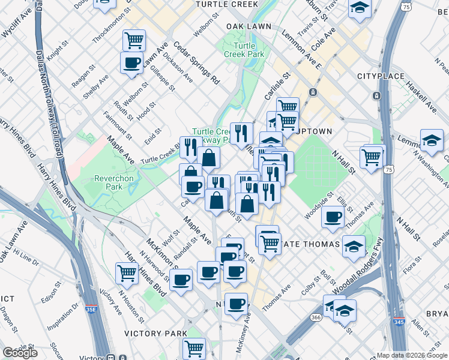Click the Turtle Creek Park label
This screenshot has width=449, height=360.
(244, 50)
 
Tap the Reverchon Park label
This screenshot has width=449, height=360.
(109, 182)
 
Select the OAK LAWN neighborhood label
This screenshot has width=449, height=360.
(249, 27)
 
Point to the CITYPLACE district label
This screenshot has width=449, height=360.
(378, 76)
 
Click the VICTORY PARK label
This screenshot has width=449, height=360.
(155, 333)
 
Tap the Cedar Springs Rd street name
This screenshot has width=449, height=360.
(196, 61)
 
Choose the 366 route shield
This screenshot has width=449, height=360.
(316, 317)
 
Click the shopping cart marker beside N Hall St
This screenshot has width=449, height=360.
(372, 157)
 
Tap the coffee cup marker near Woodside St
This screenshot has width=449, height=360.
(333, 217)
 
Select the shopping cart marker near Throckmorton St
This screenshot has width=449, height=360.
(134, 40)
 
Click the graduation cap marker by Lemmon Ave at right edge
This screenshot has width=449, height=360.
(432, 140)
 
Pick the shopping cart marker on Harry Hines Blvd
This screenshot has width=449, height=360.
(127, 273)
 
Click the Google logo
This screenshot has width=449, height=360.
(20, 353)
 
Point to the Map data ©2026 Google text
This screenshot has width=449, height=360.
(411, 355)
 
